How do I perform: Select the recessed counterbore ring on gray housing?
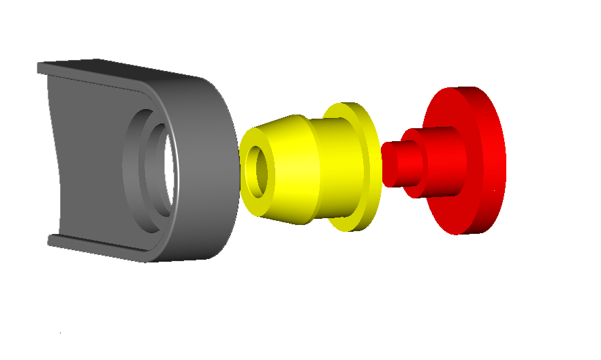pyautogui.click(x=132, y=167)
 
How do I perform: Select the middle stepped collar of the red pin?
pyautogui.click(x=412, y=164)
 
